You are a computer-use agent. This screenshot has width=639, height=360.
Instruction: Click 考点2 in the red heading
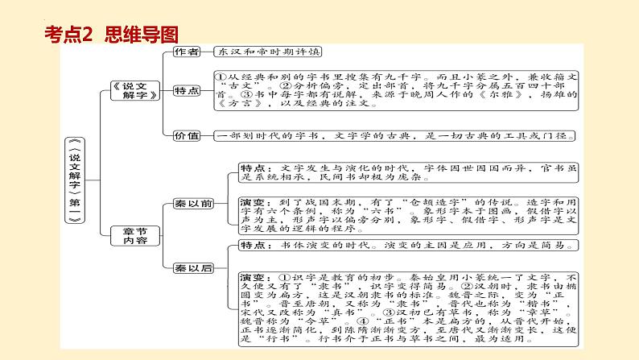pos(68,35)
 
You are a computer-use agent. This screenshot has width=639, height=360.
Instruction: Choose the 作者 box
pos(187,51)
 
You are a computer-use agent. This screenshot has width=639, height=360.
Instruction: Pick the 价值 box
pos(187,136)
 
